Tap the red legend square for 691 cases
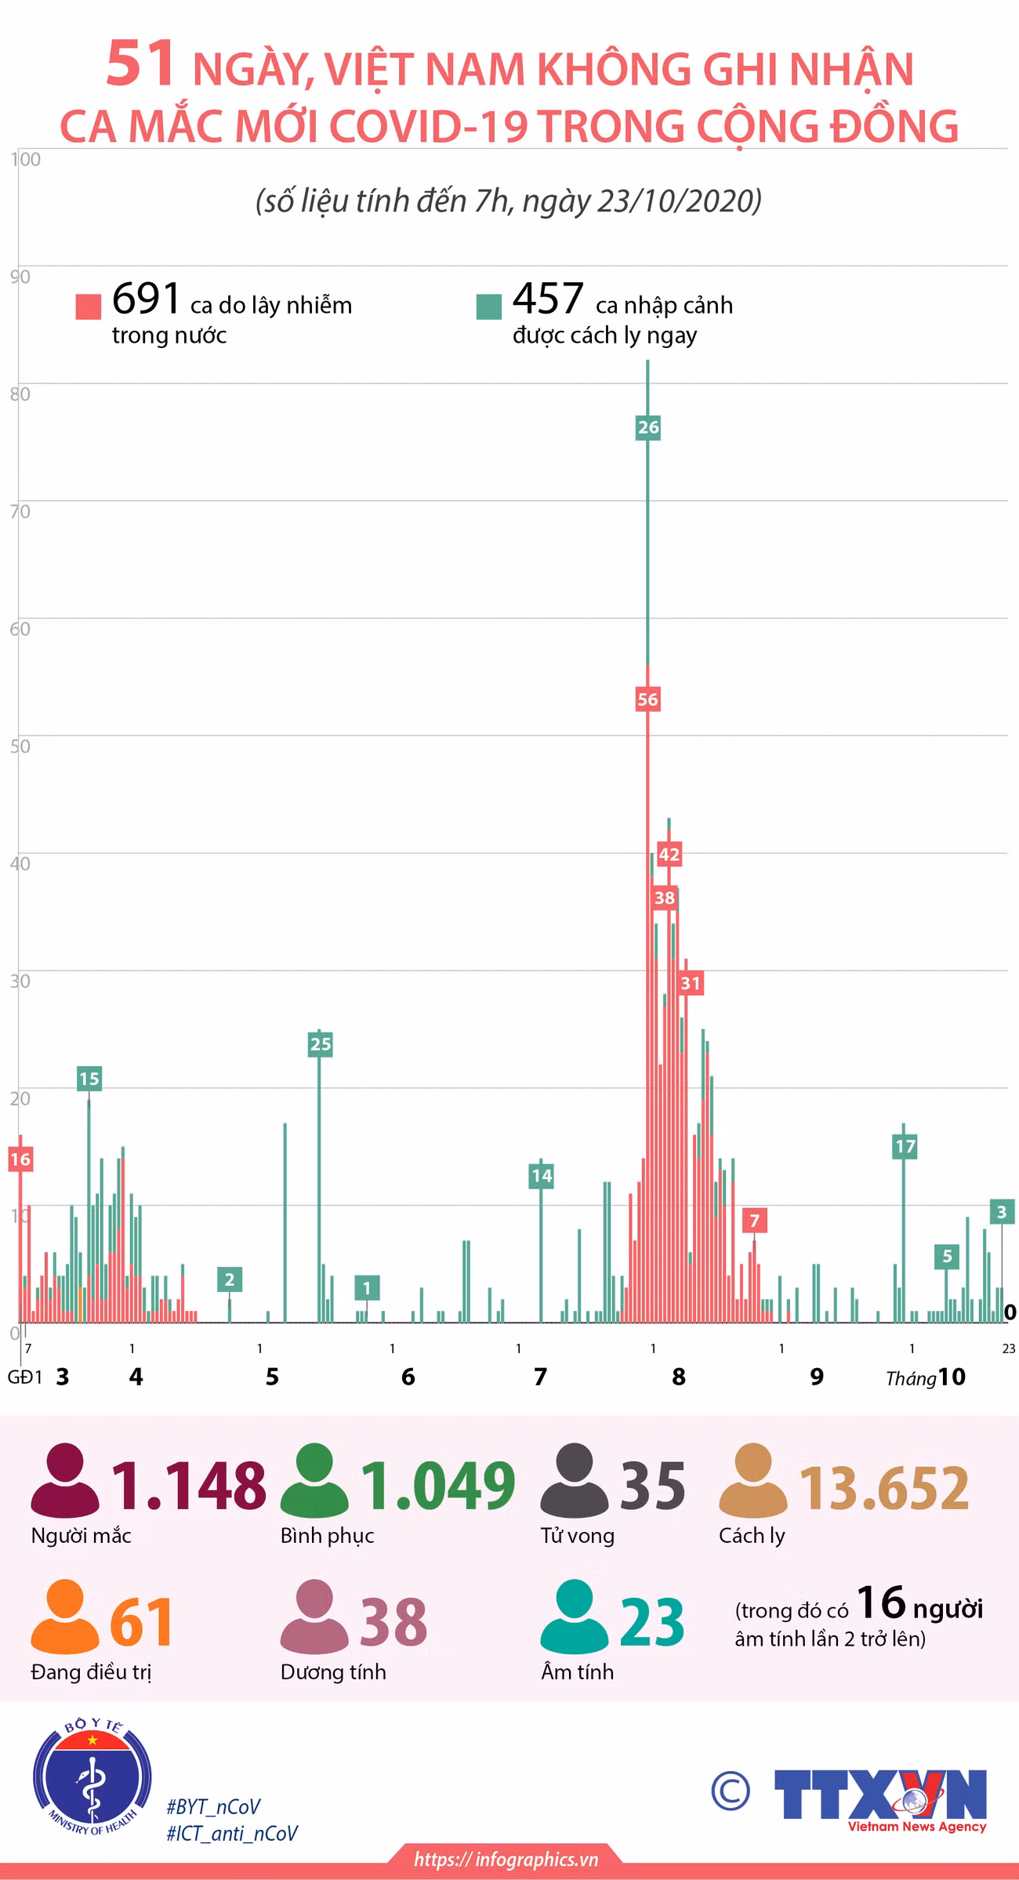tap(89, 307)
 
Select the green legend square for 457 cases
tap(488, 307)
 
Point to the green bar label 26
tap(648, 427)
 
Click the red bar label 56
tap(647, 699)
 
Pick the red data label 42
tap(669, 854)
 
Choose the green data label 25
tap(321, 1043)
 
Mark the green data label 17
tap(905, 1146)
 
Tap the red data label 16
tap(20, 1159)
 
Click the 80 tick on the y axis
tap(20, 394)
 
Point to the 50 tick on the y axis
tap(20, 746)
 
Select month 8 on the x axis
tap(679, 1376)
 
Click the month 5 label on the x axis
tap(272, 1376)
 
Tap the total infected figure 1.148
tap(189, 1486)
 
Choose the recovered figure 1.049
tap(437, 1486)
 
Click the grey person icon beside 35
tap(574, 1479)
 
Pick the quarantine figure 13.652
tap(884, 1487)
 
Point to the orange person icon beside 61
tap(64, 1617)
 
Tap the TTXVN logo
tap(880, 1801)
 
